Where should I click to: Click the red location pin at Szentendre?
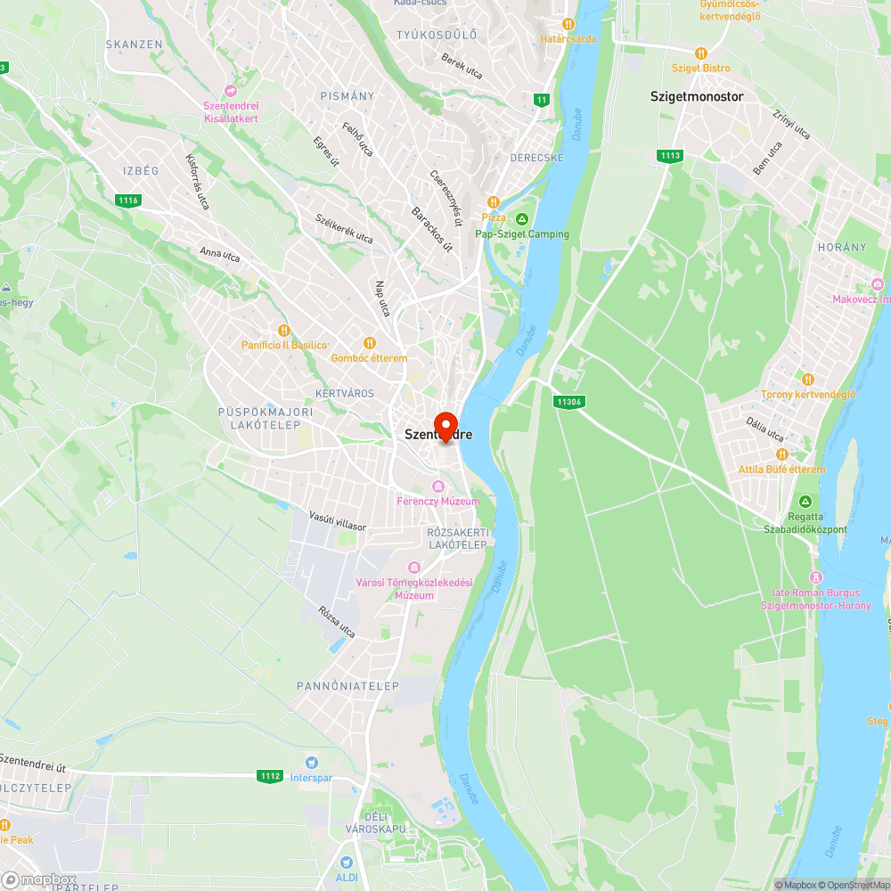coord(445,424)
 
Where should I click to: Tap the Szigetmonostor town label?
coord(697,96)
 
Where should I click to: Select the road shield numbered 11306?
coord(568,402)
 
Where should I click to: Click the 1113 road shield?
coord(671,156)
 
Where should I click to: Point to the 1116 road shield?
coord(127,200)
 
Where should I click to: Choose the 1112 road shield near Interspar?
coord(271,776)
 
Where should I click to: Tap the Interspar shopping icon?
coord(311,762)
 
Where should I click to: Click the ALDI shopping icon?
coord(347,862)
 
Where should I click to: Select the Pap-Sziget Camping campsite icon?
coord(522,218)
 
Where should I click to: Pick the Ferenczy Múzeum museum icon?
coord(437,486)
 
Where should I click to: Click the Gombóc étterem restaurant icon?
coord(369,343)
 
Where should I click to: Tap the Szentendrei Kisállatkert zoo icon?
coord(231,90)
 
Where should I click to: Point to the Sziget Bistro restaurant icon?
coord(701,53)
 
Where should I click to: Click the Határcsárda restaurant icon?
coord(568,24)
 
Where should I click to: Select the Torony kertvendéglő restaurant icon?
coord(807,380)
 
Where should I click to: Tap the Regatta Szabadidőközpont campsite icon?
coord(805,502)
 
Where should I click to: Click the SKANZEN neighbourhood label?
coord(135,44)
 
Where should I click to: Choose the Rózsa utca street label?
coord(336,621)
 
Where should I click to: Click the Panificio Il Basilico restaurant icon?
coord(284,331)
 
